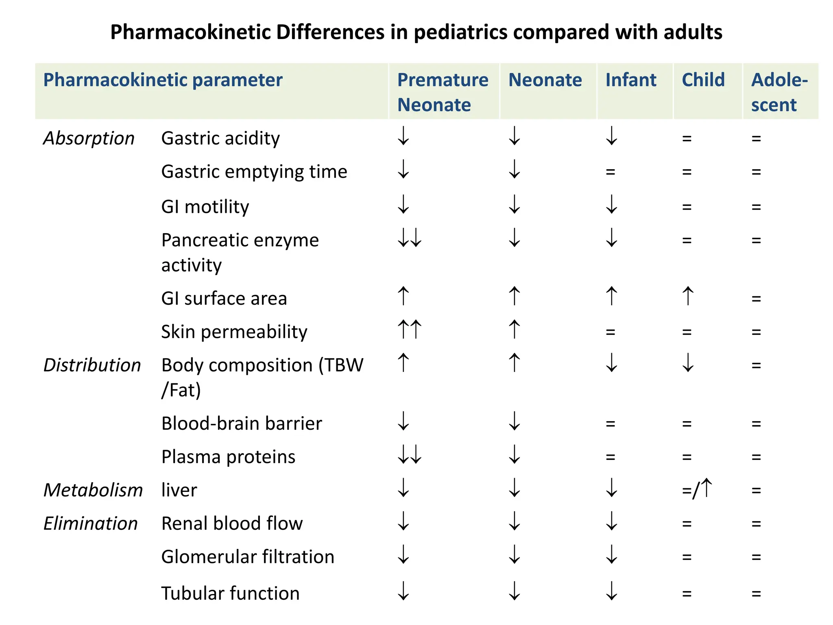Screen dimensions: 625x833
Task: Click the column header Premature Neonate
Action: (443, 92)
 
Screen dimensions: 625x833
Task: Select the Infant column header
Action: (630, 80)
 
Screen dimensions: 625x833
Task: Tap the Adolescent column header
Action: (779, 92)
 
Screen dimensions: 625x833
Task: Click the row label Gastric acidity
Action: (220, 138)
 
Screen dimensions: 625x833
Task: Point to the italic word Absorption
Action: (89, 138)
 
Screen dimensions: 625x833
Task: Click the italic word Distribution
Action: (92, 365)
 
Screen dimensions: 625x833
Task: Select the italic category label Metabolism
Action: (93, 490)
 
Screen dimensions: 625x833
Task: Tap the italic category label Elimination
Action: (90, 523)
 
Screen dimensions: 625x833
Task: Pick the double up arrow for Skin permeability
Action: (410, 329)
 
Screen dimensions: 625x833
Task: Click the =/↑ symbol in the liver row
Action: (697, 489)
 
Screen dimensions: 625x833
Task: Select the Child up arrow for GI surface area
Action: (688, 296)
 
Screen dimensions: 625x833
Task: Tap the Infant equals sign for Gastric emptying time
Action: (610, 172)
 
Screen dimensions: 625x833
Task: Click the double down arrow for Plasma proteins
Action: (410, 455)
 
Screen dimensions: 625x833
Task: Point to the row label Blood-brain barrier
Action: (242, 423)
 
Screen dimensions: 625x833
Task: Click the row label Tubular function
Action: (230, 593)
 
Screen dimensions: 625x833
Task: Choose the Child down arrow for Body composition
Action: (688, 363)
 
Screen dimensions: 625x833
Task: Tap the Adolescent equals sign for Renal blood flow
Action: (756, 524)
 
